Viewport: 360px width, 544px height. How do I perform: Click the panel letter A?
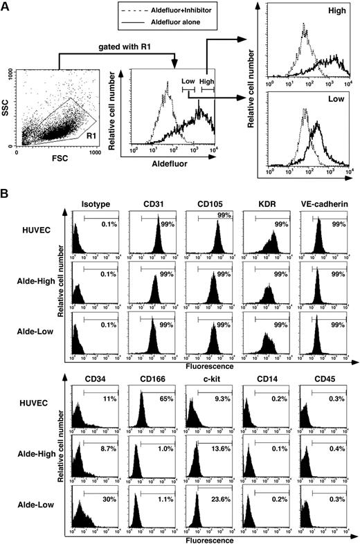[6, 6]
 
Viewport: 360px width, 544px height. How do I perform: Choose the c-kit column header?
[207, 377]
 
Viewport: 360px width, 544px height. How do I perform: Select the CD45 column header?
[318, 377]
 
